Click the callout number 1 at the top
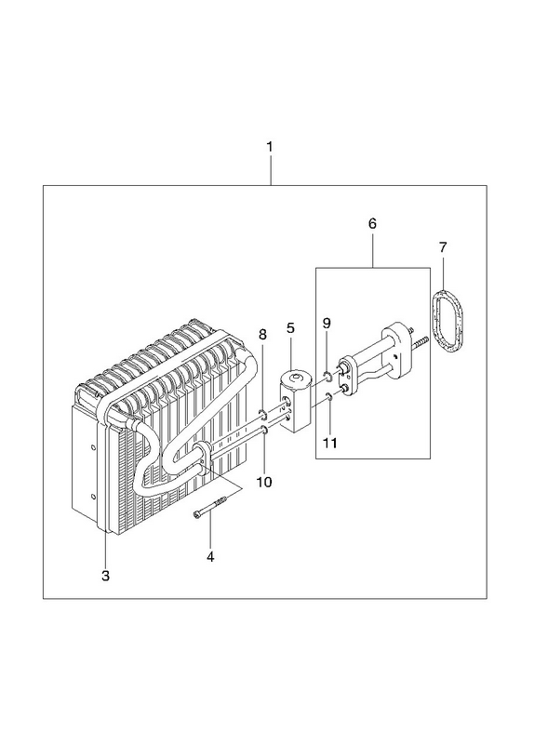point(270,147)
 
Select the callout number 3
point(105,576)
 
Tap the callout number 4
point(210,556)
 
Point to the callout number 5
point(290,328)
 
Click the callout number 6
point(372,223)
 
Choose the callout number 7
point(443,247)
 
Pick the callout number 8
point(262,335)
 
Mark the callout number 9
point(327,323)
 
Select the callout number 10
point(264,482)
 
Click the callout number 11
point(330,444)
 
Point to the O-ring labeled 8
point(263,415)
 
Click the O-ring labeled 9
point(327,378)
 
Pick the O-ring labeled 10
point(265,430)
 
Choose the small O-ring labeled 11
point(328,396)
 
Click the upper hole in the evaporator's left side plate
point(93,446)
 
